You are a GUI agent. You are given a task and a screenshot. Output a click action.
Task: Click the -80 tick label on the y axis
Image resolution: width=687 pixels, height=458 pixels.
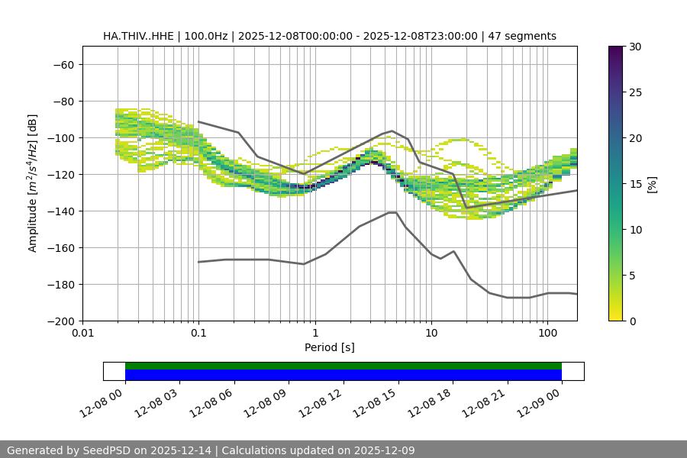click(63, 101)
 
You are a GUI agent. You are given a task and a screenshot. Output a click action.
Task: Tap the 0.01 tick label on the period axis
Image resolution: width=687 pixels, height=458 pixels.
click(82, 334)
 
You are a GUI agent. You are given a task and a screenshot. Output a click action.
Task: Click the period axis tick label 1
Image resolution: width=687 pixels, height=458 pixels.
click(315, 334)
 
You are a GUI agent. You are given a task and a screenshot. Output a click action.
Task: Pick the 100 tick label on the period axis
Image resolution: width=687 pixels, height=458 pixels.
click(547, 334)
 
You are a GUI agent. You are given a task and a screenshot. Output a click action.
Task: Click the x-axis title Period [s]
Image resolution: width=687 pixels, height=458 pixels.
click(330, 347)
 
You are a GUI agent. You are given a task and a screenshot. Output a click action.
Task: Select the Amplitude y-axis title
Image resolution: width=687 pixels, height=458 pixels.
click(33, 183)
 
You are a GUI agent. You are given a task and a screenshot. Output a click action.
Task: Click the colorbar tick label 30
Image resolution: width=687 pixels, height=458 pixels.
click(634, 47)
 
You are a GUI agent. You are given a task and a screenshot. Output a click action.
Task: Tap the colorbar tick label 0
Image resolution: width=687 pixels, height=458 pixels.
click(631, 321)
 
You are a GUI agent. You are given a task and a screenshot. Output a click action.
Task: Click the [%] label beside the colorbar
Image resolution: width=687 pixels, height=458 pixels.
click(652, 184)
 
